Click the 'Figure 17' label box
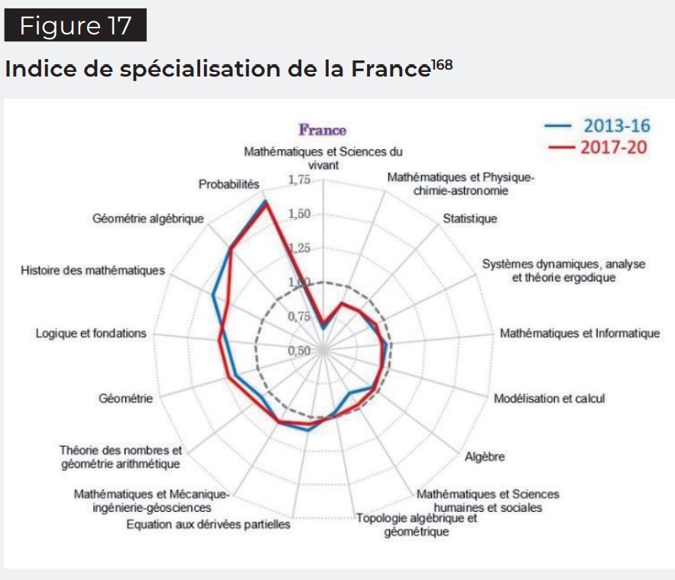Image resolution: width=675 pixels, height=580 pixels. pyautogui.click(x=75, y=25)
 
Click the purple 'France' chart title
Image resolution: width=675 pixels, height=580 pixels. pyautogui.click(x=322, y=130)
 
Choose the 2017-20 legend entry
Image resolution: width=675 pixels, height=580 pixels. pyautogui.click(x=596, y=147)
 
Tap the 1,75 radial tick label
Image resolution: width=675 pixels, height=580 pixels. pyautogui.click(x=300, y=180)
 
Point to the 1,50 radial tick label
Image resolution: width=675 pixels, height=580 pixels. pyautogui.click(x=300, y=214)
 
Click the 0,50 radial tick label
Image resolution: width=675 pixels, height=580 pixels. pyautogui.click(x=300, y=350)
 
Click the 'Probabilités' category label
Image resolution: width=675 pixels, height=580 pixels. pyautogui.click(x=229, y=184)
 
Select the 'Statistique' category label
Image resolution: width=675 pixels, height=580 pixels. pyautogui.click(x=469, y=219)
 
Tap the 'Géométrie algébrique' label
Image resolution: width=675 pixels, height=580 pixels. pyautogui.click(x=148, y=219)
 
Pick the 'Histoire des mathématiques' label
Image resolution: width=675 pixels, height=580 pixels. pyautogui.click(x=92, y=271)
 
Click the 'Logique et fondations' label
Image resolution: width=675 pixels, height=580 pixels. pyautogui.click(x=90, y=333)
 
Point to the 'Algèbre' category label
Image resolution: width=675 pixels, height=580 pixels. pyautogui.click(x=485, y=457)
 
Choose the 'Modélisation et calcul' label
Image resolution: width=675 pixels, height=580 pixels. pyautogui.click(x=549, y=399)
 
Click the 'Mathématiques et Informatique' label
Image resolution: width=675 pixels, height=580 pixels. pyautogui.click(x=579, y=333)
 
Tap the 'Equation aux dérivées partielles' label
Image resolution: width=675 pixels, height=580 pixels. pyautogui.click(x=208, y=525)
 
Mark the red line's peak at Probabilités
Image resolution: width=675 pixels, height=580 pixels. pyautogui.click(x=266, y=203)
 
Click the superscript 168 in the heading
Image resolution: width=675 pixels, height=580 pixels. pyautogui.click(x=442, y=65)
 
